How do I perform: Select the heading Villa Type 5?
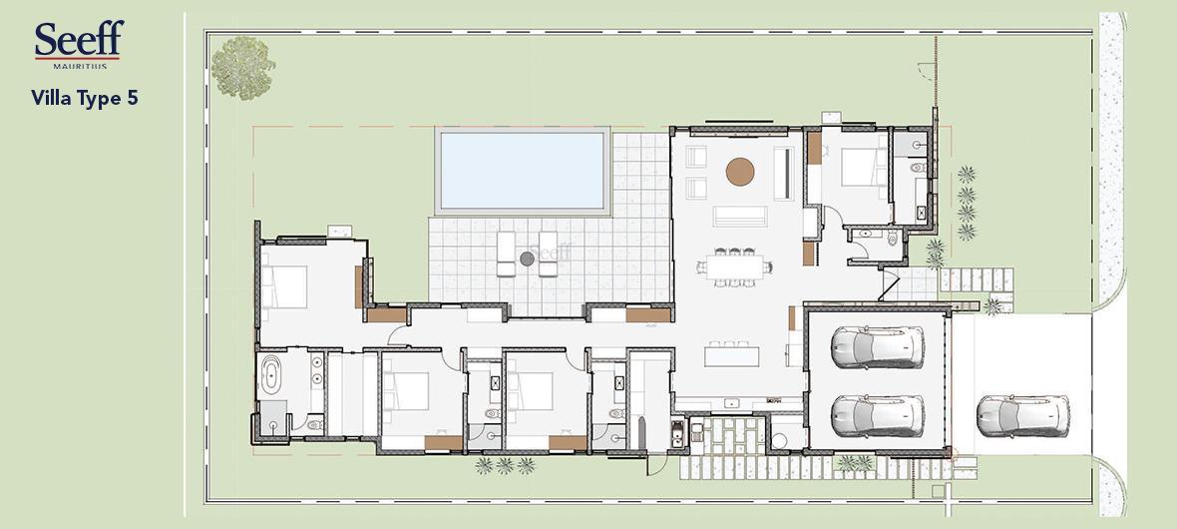[85, 98]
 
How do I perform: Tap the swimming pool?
[522, 171]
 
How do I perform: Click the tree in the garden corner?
[242, 68]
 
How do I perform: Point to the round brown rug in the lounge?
[739, 172]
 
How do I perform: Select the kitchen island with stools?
[732, 352]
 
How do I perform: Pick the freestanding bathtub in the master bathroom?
[269, 374]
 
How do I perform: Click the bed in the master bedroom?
[284, 286]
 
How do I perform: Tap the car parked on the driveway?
[1022, 415]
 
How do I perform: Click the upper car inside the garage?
[877, 347]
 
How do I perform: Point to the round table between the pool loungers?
[527, 259]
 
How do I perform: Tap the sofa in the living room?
[740, 216]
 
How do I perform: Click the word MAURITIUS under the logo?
[80, 66]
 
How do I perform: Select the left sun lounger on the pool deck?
[506, 254]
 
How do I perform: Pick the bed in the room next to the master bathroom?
[407, 391]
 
